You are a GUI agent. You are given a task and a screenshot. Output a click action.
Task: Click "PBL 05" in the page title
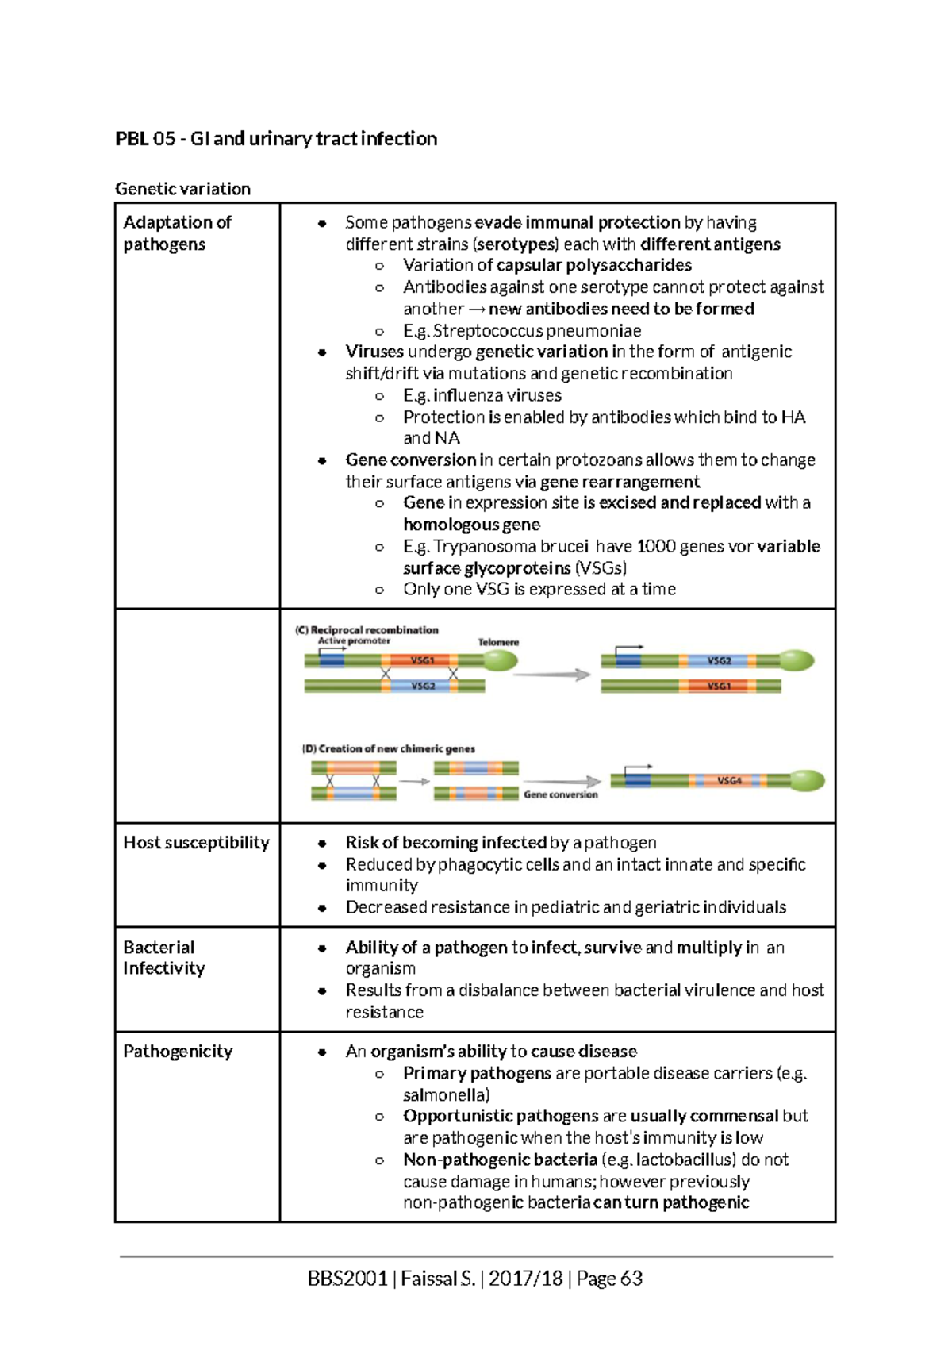145,139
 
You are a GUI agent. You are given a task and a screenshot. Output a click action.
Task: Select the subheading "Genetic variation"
182,189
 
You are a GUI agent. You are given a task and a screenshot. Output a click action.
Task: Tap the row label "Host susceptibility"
196,843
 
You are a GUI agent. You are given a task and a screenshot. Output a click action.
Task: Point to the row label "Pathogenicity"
178,1052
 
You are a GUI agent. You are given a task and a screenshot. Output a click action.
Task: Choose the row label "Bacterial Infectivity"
163,958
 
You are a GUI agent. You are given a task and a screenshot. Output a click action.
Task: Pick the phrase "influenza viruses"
497,395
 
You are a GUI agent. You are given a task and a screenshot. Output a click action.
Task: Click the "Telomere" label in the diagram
498,642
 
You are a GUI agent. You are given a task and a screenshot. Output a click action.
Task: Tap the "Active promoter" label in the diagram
354,640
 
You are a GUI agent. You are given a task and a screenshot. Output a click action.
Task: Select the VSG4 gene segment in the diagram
728,781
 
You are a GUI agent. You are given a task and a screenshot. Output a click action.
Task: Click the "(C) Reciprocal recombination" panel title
367,630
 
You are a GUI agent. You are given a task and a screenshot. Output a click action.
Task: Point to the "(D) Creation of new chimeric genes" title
388,748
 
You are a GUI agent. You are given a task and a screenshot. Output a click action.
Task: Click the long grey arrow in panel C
552,675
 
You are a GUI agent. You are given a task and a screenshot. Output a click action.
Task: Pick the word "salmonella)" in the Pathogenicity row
446,1095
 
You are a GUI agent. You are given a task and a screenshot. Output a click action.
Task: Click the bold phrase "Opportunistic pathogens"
501,1117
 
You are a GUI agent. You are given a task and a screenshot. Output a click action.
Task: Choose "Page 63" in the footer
610,1279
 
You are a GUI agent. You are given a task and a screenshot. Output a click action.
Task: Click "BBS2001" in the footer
347,1279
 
